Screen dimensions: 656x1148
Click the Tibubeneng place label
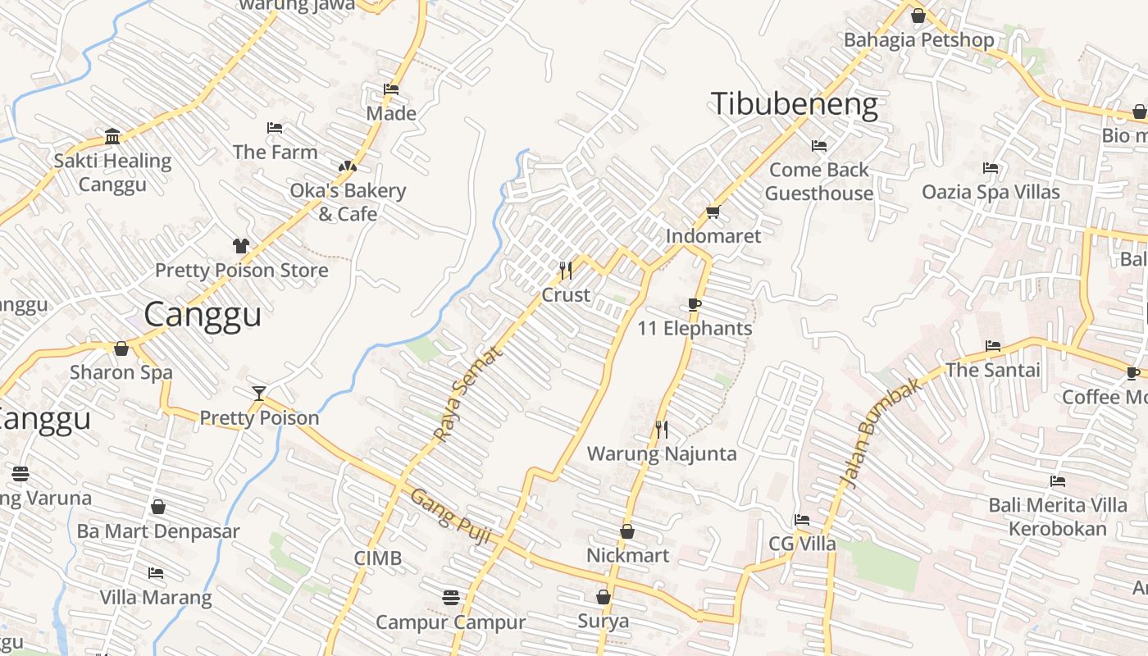(x=794, y=105)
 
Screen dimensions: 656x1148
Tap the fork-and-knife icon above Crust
(x=565, y=270)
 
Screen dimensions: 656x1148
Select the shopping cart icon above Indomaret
(x=713, y=212)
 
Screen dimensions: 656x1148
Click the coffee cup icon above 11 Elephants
(x=695, y=305)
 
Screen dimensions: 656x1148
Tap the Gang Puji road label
(x=450, y=517)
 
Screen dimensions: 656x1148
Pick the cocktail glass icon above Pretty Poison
(x=259, y=394)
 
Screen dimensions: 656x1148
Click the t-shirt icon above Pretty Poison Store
(x=241, y=245)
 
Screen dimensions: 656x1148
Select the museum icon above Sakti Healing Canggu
(x=112, y=136)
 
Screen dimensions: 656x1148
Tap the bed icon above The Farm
(x=275, y=128)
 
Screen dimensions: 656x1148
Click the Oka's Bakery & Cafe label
(x=348, y=203)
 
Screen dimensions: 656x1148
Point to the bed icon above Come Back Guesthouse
(x=818, y=146)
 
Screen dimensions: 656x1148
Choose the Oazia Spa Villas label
(x=991, y=192)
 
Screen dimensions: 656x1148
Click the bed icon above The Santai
(x=992, y=346)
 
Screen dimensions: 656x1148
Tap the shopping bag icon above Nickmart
(x=627, y=531)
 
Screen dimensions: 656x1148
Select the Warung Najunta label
(x=662, y=453)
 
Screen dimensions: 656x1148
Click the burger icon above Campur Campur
(x=450, y=597)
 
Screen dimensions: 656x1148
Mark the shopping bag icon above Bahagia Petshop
(x=918, y=16)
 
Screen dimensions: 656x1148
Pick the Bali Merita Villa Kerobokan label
(x=1057, y=517)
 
